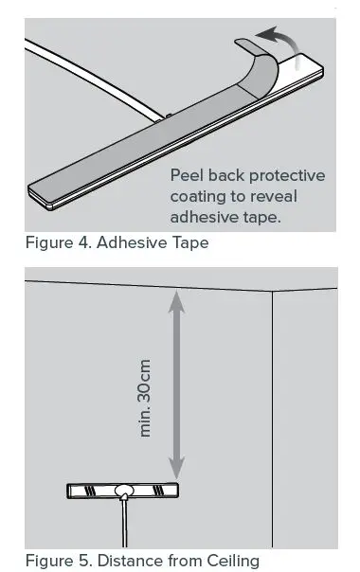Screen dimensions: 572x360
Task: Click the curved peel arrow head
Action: (267, 36)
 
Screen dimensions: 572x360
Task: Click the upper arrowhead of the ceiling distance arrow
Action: (174, 298)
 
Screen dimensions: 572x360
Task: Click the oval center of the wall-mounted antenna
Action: (123, 491)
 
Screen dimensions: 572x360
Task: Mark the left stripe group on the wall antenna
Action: (91, 491)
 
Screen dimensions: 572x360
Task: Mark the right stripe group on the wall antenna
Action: (155, 491)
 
